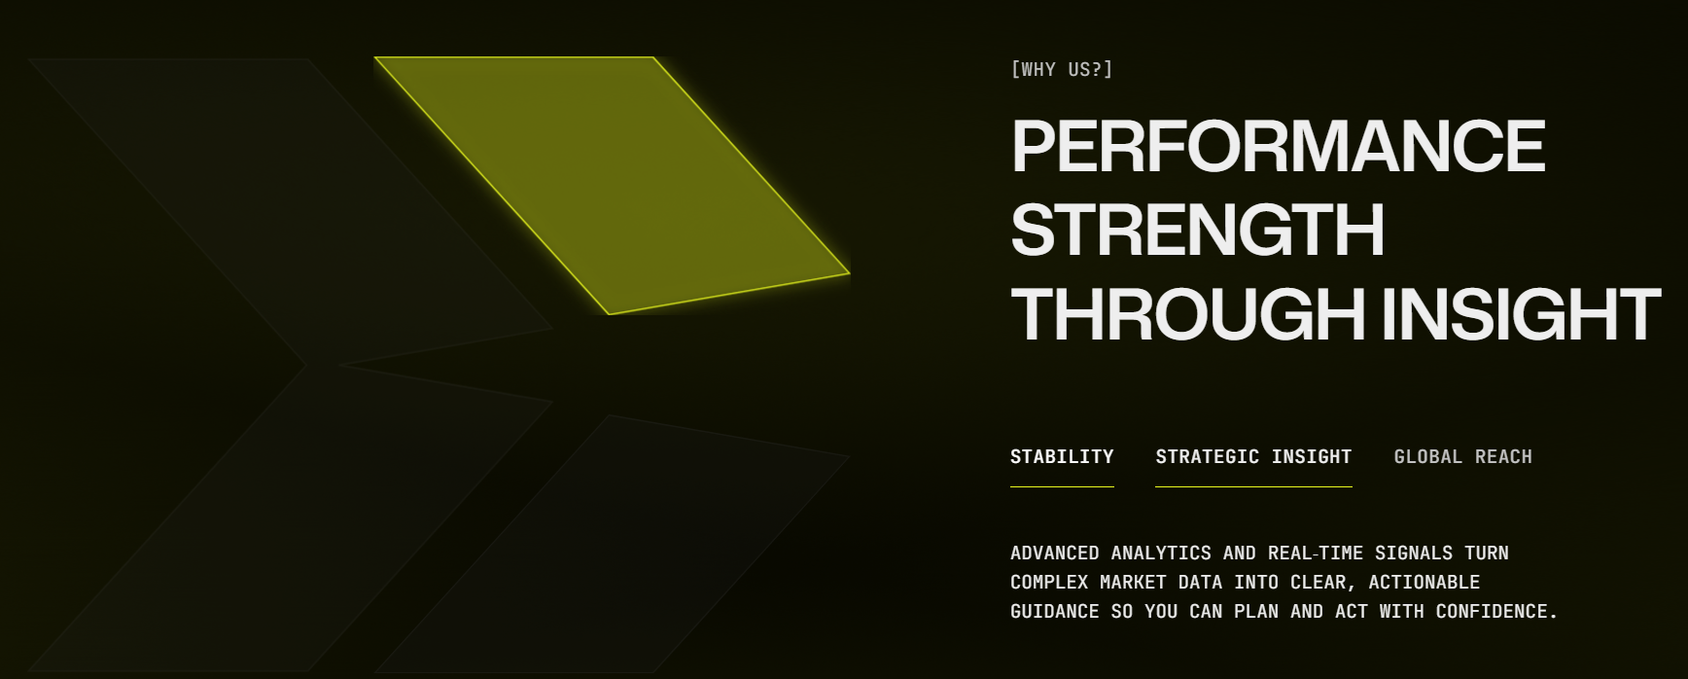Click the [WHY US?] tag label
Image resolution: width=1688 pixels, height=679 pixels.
coord(1062,69)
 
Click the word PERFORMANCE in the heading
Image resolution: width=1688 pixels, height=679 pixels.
coord(1279,146)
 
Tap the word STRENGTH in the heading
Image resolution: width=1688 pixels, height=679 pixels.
coord(1198,231)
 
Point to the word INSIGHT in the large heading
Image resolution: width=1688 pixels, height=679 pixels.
coord(1521,314)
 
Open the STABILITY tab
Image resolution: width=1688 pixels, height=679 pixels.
coord(1062,456)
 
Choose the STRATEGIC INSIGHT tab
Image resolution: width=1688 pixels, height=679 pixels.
coord(1253,456)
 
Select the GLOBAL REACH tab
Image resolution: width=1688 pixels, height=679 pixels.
coord(1462,456)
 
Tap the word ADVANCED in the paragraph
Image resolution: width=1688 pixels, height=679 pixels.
coord(1055,553)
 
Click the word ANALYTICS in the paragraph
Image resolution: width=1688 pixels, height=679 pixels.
coord(1161,553)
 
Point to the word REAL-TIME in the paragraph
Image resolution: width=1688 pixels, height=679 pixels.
coord(1316,553)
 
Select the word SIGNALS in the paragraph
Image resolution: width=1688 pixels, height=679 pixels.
coord(1414,553)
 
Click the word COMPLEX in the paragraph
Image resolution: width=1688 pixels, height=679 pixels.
coord(1049,582)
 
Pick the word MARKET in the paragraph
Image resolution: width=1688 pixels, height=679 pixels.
coord(1133,582)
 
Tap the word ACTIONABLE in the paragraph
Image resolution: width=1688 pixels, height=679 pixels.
coord(1424,582)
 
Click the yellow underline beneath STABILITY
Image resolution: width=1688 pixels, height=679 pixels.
coord(1062,486)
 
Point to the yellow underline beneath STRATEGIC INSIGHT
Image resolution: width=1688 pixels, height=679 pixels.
coord(1253,486)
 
